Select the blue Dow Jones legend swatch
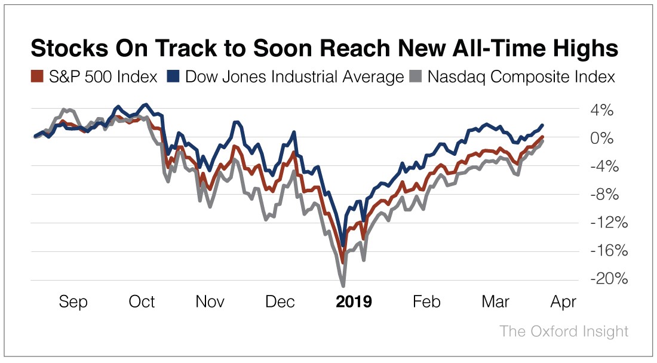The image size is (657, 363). [x=174, y=77]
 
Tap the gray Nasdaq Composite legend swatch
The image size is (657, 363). [x=416, y=77]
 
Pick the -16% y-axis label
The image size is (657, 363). [x=598, y=251]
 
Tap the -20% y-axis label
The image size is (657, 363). [x=598, y=279]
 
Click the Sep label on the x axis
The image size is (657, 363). [x=73, y=302]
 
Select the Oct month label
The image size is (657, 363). [x=142, y=302]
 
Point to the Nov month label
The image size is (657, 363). [x=210, y=302]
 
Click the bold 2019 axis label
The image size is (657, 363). [x=354, y=302]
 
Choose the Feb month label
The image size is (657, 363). [x=426, y=302]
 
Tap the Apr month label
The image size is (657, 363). [x=563, y=302]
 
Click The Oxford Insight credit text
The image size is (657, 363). [x=564, y=331]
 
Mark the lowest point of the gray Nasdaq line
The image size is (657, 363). [x=343, y=285]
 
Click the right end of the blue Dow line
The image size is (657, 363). [x=542, y=125]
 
